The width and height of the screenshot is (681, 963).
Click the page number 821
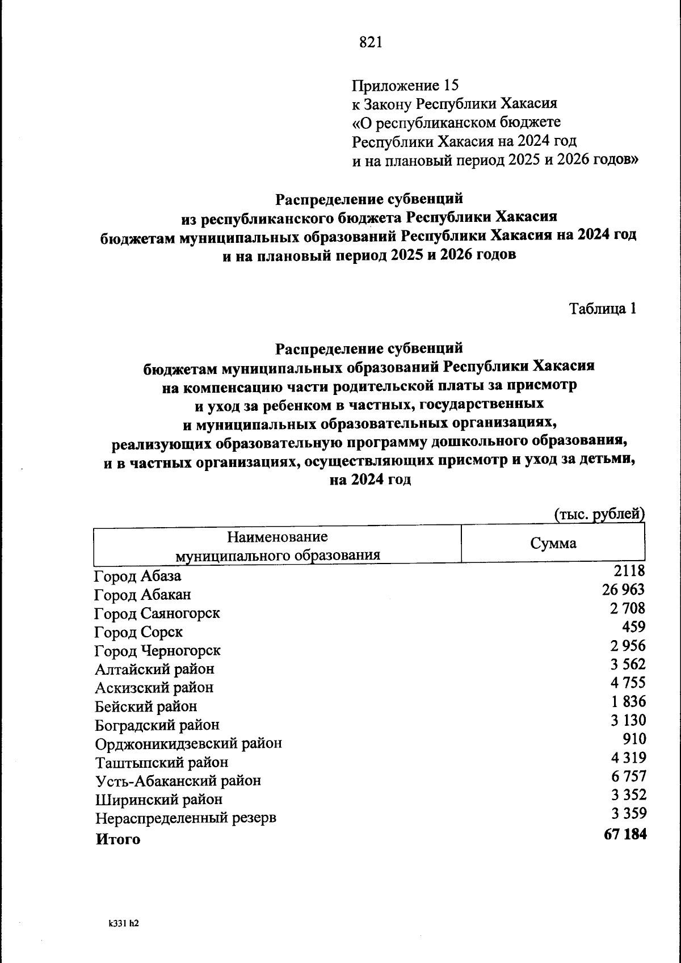click(x=371, y=43)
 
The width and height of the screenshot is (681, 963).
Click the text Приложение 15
click(x=405, y=85)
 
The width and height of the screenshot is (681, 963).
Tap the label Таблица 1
click(x=602, y=309)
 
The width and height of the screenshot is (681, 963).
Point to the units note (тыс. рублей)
click(x=599, y=514)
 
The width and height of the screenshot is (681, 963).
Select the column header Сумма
click(x=553, y=544)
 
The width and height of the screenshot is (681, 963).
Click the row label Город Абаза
click(x=138, y=577)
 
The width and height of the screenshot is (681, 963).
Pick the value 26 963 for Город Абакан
click(x=623, y=590)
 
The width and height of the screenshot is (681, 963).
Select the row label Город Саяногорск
click(x=157, y=614)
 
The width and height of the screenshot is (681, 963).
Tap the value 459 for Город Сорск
click(x=634, y=627)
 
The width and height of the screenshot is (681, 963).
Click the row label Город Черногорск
click(x=158, y=651)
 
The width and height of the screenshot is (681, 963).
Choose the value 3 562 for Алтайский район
click(x=628, y=665)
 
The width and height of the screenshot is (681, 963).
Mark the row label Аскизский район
click(x=154, y=688)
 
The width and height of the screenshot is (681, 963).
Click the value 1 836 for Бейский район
click(x=628, y=702)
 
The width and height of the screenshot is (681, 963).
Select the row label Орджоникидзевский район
click(x=188, y=744)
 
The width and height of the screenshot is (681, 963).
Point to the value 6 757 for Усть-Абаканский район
click(x=628, y=776)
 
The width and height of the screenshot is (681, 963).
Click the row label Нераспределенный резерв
click(x=186, y=819)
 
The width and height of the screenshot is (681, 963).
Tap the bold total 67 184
click(x=625, y=835)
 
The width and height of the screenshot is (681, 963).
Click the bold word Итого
click(x=117, y=839)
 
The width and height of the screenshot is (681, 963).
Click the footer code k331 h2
click(x=124, y=923)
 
